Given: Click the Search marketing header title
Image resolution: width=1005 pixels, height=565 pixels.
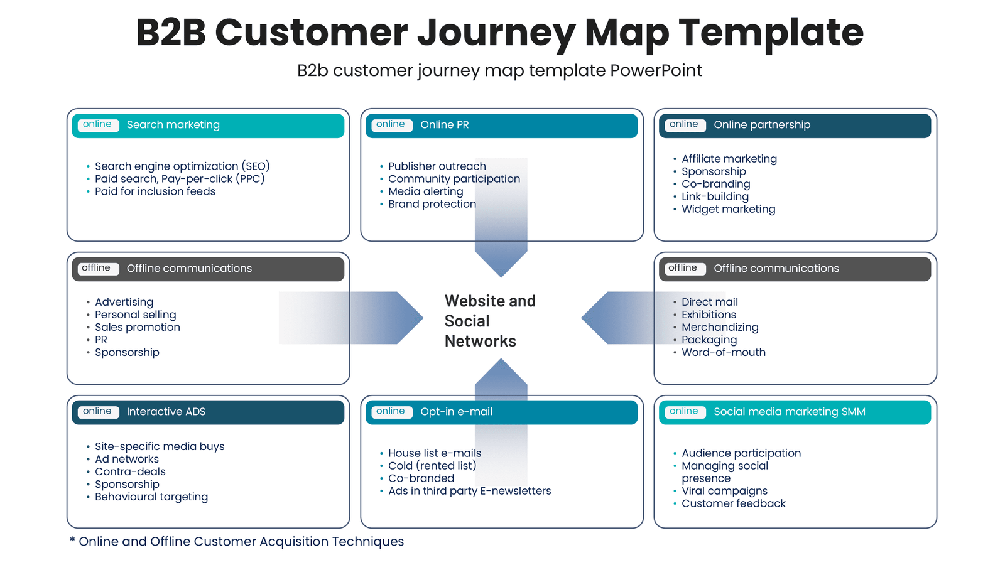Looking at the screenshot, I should click(173, 125).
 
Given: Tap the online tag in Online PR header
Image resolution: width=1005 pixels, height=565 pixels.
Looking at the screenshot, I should click(391, 125).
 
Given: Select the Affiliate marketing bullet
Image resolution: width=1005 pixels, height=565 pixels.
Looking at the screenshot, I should click(729, 159).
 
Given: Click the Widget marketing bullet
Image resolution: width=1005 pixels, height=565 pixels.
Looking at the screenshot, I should click(728, 209).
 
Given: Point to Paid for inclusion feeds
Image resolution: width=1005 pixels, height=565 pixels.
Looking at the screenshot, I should click(155, 191).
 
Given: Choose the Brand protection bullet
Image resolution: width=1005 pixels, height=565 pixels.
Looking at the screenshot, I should click(432, 204).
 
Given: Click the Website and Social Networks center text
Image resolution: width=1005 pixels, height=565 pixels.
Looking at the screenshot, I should click(489, 321).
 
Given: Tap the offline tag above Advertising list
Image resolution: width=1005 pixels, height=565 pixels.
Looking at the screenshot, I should click(96, 268).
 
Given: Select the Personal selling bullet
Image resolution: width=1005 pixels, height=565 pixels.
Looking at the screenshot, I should click(135, 315).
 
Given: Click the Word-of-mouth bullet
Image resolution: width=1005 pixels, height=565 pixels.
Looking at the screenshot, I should click(723, 352).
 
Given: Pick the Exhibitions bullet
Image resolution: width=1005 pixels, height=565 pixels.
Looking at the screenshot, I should click(709, 315).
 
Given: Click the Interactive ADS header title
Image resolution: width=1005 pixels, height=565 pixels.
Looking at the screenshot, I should click(166, 412).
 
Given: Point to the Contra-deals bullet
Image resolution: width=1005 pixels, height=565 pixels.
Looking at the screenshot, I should click(130, 471).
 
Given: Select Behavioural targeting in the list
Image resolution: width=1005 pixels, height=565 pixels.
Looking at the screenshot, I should click(151, 497).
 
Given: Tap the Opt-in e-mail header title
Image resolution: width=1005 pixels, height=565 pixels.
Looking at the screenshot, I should click(456, 412).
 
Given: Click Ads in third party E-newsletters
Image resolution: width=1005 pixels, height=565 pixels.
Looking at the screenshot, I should click(469, 491).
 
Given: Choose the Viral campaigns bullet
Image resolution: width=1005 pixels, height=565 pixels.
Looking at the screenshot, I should click(724, 491).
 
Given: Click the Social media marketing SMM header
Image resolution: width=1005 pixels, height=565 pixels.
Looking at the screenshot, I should click(789, 412).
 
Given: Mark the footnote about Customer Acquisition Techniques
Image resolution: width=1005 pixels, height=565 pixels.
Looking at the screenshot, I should click(237, 541).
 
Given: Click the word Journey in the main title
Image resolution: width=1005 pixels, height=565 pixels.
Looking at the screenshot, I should click(496, 33).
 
